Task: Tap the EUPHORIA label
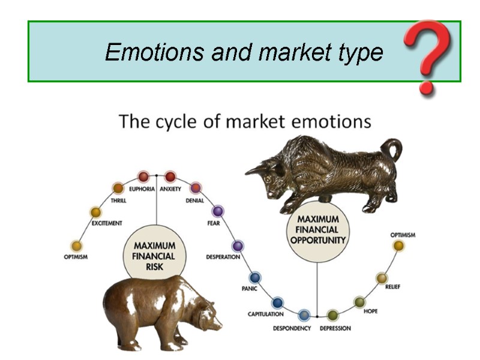[142, 189]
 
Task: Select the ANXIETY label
[170, 189]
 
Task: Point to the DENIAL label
[195, 201]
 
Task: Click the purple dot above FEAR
[218, 211]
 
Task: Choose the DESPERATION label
[223, 257]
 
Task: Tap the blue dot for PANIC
[255, 277]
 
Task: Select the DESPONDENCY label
[292, 329]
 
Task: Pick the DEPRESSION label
[335, 329]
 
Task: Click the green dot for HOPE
[359, 302]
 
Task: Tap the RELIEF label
[393, 287]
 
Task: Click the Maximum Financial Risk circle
[155, 256]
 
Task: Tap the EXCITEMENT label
[107, 223]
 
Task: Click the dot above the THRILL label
[118, 188]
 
